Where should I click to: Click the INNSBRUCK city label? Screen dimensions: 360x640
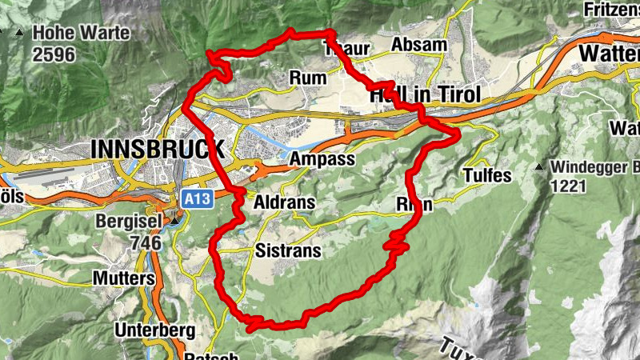point(158,149)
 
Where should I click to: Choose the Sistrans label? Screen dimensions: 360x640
point(288,251)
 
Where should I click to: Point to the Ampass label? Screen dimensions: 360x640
point(322,159)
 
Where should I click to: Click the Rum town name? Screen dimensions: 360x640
point(311,78)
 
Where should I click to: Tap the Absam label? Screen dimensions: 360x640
point(419,45)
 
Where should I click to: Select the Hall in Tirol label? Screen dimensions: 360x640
point(426,94)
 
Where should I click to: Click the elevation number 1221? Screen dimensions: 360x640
point(568,187)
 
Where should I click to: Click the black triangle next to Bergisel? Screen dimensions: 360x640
point(174,220)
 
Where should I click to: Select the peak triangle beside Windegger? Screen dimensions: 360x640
point(541,167)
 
